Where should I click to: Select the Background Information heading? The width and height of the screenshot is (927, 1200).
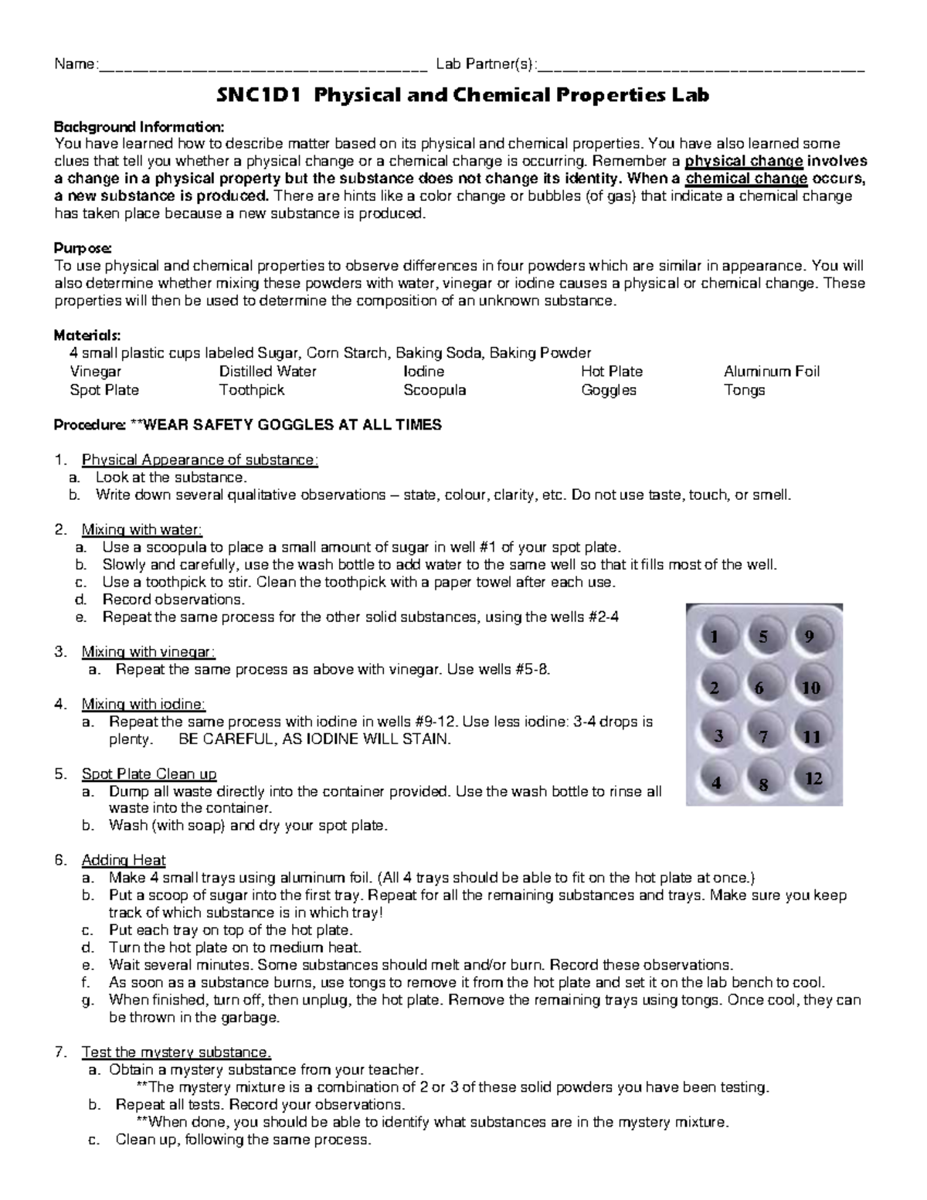coord(139,127)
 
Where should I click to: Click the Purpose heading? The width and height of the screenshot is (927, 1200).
coord(83,248)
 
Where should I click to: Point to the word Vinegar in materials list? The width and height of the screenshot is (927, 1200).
coord(96,372)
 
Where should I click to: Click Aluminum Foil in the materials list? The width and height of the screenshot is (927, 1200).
coord(771,372)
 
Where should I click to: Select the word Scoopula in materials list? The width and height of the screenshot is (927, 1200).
coord(434,390)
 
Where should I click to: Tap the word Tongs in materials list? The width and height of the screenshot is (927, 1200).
coord(744,390)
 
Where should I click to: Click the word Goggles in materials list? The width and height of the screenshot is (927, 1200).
coord(608,390)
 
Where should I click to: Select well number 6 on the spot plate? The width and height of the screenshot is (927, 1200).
coord(762,687)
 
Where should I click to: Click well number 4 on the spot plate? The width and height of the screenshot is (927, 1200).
coord(718,782)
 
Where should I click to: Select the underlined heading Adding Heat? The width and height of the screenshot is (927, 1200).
coord(124,860)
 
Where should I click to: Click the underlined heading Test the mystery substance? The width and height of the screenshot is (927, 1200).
coord(176,1052)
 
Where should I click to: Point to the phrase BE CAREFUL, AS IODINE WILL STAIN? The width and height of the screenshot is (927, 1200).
coord(314,739)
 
